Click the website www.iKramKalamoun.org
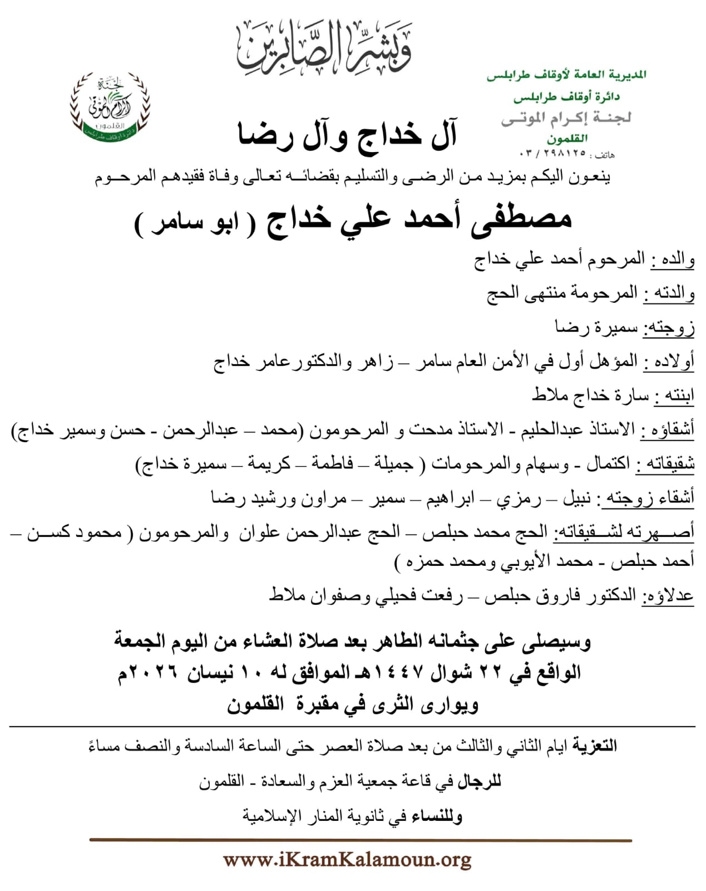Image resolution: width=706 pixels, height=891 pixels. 347,860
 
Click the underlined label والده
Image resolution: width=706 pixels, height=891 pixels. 673,260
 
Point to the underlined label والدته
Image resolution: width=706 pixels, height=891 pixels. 669,293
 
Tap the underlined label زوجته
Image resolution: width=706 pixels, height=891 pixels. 669,327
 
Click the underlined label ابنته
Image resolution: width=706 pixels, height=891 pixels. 674,395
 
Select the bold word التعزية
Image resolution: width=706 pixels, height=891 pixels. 595,746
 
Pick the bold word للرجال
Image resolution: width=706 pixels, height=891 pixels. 479,781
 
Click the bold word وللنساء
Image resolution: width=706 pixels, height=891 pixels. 437,816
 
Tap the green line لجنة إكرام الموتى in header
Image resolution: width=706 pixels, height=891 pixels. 566,118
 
